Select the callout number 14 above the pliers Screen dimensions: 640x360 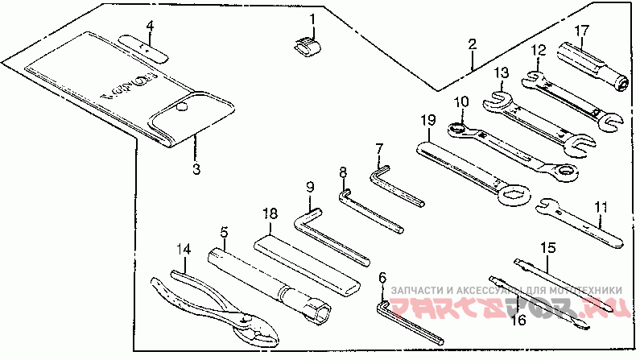tap(184, 250)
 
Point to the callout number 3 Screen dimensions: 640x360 tap(195, 168)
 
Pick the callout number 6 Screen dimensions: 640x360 tap(382, 279)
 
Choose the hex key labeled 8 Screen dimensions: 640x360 tap(370, 211)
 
